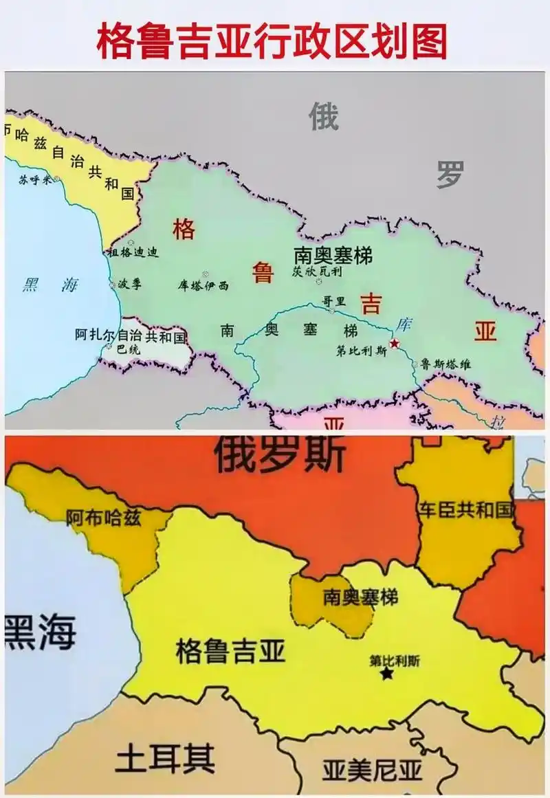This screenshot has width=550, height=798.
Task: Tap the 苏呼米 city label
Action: coord(36,180)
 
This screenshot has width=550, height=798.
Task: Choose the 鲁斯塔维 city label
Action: coord(445,364)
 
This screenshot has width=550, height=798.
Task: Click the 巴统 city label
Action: coord(128,349)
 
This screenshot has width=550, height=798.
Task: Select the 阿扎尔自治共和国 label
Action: coord(131,336)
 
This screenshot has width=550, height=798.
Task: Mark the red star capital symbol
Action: coord(395,343)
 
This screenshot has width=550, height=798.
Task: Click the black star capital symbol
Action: coord(387,674)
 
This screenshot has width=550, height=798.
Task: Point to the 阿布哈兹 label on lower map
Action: coord(104,518)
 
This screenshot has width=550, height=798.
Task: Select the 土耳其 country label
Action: coord(165,759)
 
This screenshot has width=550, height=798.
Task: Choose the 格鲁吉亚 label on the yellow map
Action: coord(230,650)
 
